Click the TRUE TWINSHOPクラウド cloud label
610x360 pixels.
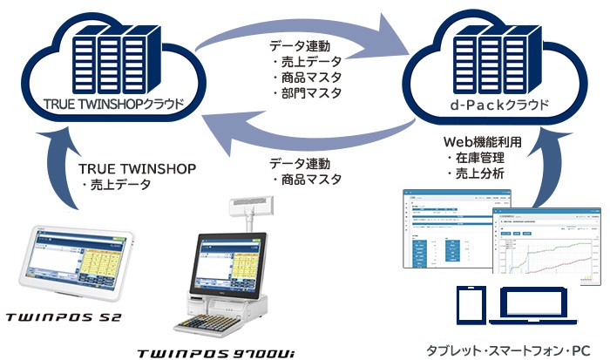113,105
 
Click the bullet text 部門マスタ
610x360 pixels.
310,92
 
